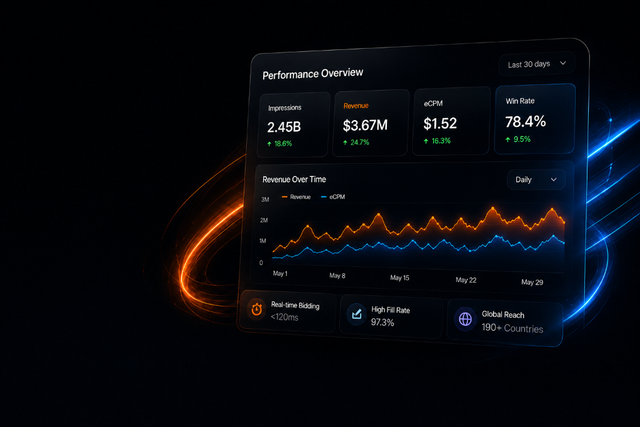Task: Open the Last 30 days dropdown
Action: click(537, 64)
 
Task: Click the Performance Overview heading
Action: click(312, 74)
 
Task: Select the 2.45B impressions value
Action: click(284, 127)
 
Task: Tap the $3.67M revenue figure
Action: click(365, 125)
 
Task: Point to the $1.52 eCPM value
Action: click(440, 123)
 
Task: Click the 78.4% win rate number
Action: click(525, 121)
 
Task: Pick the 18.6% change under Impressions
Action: click(279, 144)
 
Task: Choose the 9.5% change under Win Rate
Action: click(518, 139)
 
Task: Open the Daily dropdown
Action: click(536, 179)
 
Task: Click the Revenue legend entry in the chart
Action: click(296, 197)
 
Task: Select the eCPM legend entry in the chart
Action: click(333, 197)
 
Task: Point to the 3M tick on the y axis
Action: click(265, 199)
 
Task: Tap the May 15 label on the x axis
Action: click(399, 278)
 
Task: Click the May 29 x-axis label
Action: click(532, 282)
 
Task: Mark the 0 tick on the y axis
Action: click(261, 263)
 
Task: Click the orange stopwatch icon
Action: click(257, 309)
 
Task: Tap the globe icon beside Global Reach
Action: click(465, 319)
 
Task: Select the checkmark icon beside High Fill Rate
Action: click(357, 314)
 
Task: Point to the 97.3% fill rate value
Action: click(382, 322)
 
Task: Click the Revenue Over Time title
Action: click(294, 179)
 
